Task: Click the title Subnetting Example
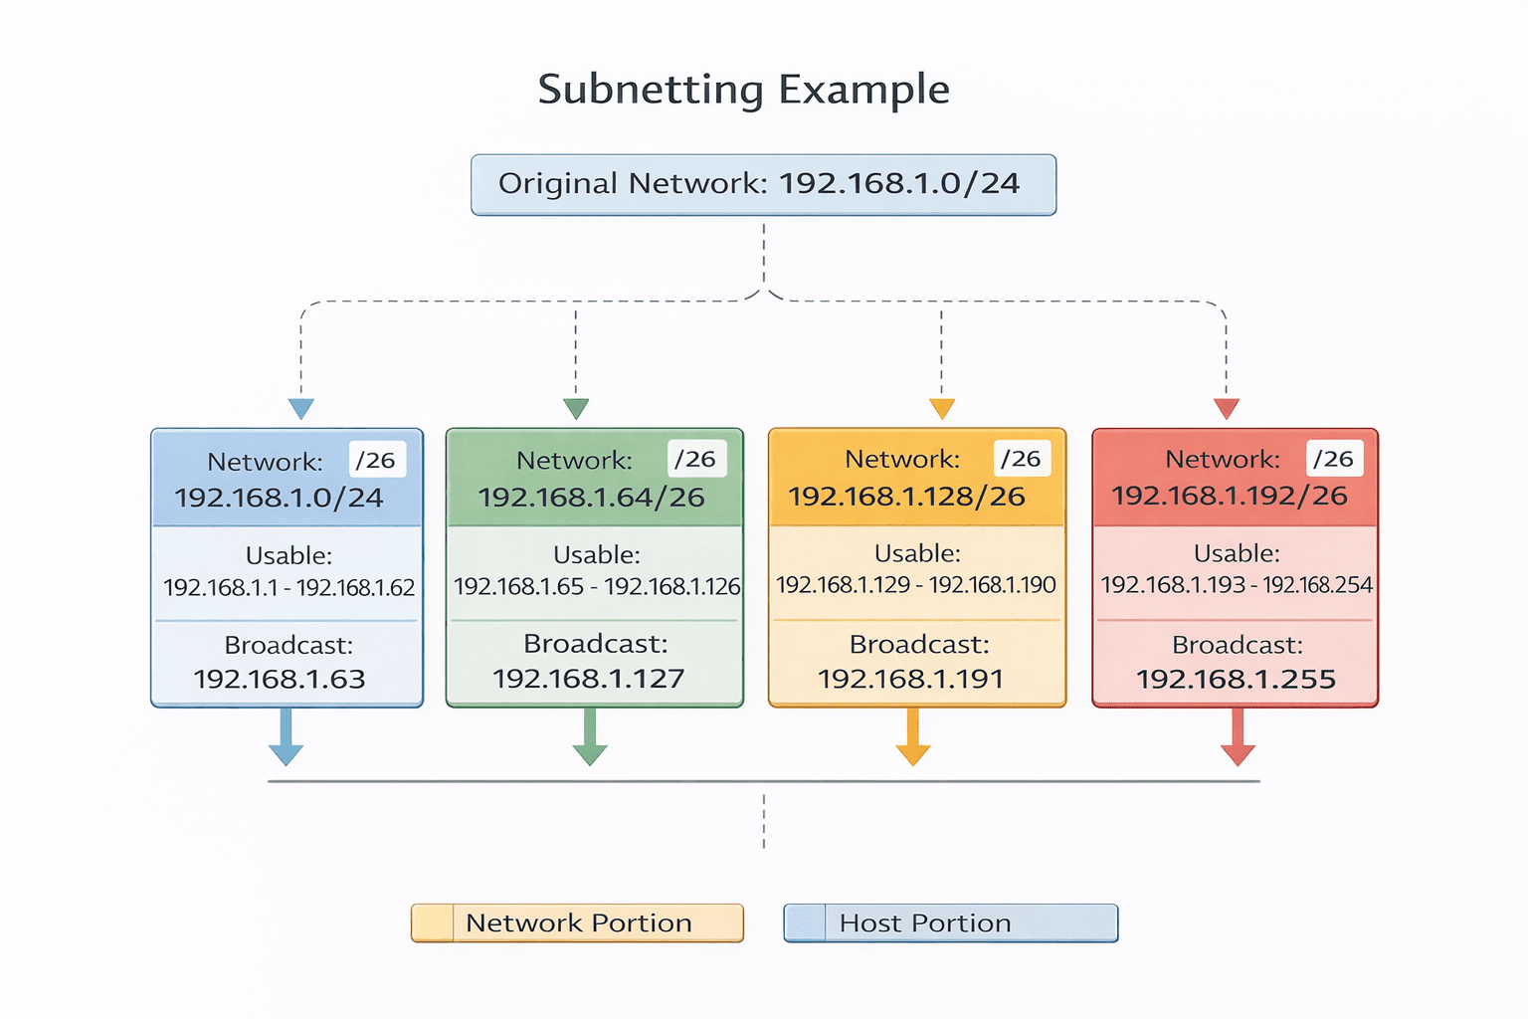743,90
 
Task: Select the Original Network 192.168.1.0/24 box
763,184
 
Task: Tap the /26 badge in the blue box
376,460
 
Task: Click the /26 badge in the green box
695,459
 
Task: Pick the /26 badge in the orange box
1021,458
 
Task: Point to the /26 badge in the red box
1333,459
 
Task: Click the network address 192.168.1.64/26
592,498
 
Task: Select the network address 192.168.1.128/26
906,496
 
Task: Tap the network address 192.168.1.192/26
1230,496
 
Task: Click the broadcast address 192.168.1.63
280,679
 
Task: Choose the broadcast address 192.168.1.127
589,679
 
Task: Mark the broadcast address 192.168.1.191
910,679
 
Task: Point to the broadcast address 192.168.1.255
1236,679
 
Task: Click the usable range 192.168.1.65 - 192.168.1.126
597,586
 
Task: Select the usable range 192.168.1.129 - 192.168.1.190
916,585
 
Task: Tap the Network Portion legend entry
577,922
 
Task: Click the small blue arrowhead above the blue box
301,408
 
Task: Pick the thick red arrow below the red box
1238,737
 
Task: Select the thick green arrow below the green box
590,737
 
